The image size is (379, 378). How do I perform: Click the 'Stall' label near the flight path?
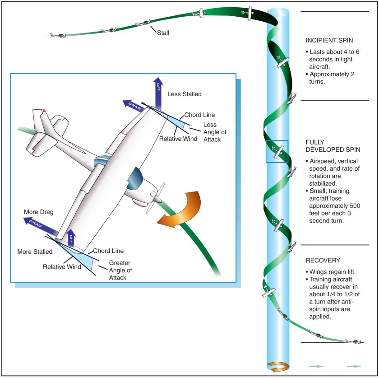(162, 33)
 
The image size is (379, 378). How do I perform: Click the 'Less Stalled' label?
(185, 94)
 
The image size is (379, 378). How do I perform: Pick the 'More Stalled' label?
(34, 252)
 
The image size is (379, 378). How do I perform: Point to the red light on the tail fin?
(44, 111)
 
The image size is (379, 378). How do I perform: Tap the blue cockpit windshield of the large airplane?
(135, 178)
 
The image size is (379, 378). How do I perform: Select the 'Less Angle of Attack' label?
(209, 131)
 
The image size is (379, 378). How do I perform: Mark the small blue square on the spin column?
(277, 151)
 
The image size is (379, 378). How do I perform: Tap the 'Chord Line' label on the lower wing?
(108, 251)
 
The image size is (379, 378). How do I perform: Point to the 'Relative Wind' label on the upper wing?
(178, 139)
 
